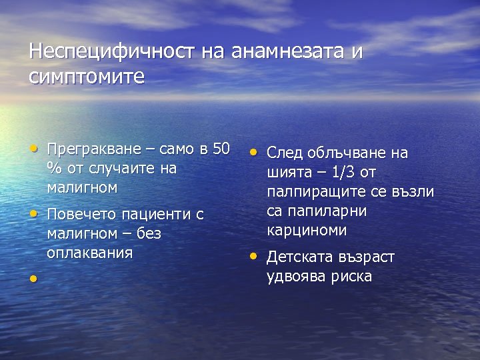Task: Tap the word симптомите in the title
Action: (87, 77)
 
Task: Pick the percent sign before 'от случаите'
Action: (52, 168)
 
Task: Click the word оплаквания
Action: (90, 253)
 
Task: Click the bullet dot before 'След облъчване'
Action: (253, 151)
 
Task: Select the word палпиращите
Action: (314, 192)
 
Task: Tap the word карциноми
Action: (307, 231)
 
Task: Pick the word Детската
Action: (298, 257)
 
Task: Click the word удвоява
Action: (296, 277)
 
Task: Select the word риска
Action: (351, 277)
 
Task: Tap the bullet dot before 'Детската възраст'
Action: (253, 255)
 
